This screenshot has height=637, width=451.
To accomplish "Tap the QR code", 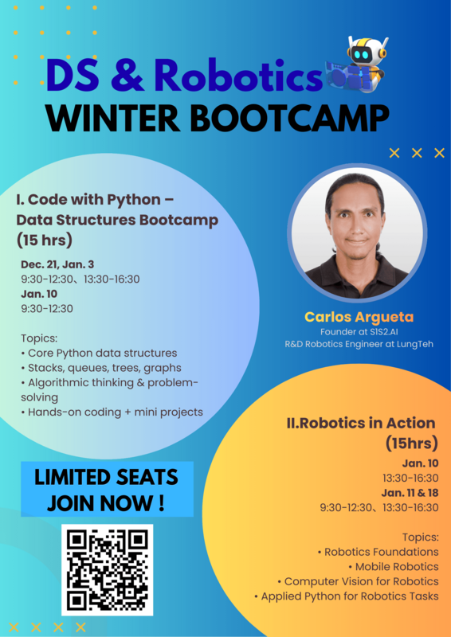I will pos(108,569).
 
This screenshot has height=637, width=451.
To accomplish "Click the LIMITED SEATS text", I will pos(107,478).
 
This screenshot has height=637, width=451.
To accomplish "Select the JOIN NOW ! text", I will pos(107,503).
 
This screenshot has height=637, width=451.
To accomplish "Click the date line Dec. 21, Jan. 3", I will pos(60,264).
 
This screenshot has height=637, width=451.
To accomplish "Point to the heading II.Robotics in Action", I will pos(361,423).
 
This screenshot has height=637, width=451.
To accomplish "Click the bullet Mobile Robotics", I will pos(397,566).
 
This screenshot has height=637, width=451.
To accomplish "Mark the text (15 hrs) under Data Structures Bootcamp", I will pos(45,238).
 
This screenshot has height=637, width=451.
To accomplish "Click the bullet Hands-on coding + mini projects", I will pos(112,412).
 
